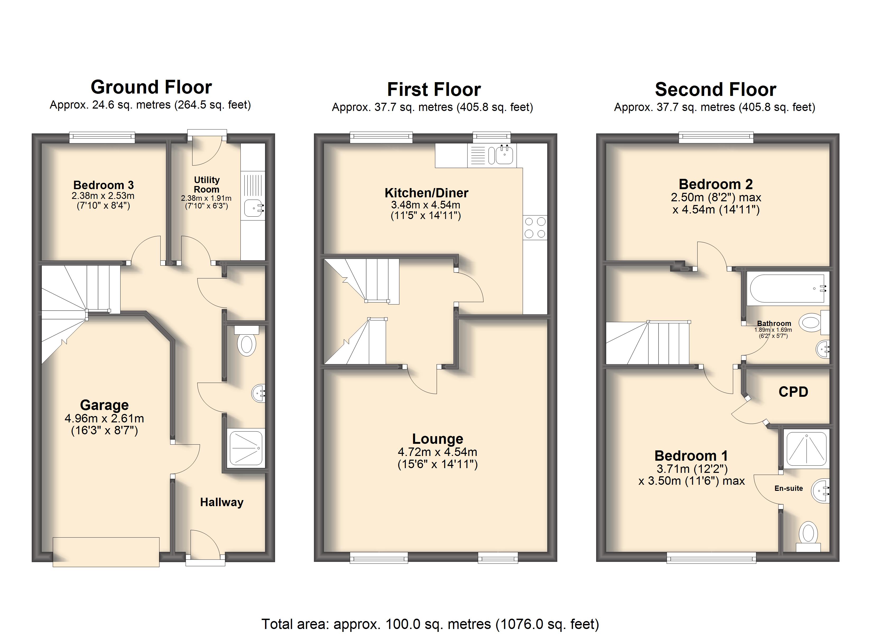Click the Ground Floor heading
pos(151,87)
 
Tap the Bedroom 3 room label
pos(103,185)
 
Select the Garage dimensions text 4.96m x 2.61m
pos(104,418)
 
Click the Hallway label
pos(222,502)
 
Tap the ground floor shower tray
pos(246,448)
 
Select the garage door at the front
pos(106,552)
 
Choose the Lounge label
pos(438,439)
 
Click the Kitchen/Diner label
pos(426,193)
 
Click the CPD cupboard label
pos(793,392)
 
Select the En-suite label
pos(788,488)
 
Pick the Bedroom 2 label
pos(716,184)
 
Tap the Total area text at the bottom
pos(430,624)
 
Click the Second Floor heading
pos(716,90)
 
